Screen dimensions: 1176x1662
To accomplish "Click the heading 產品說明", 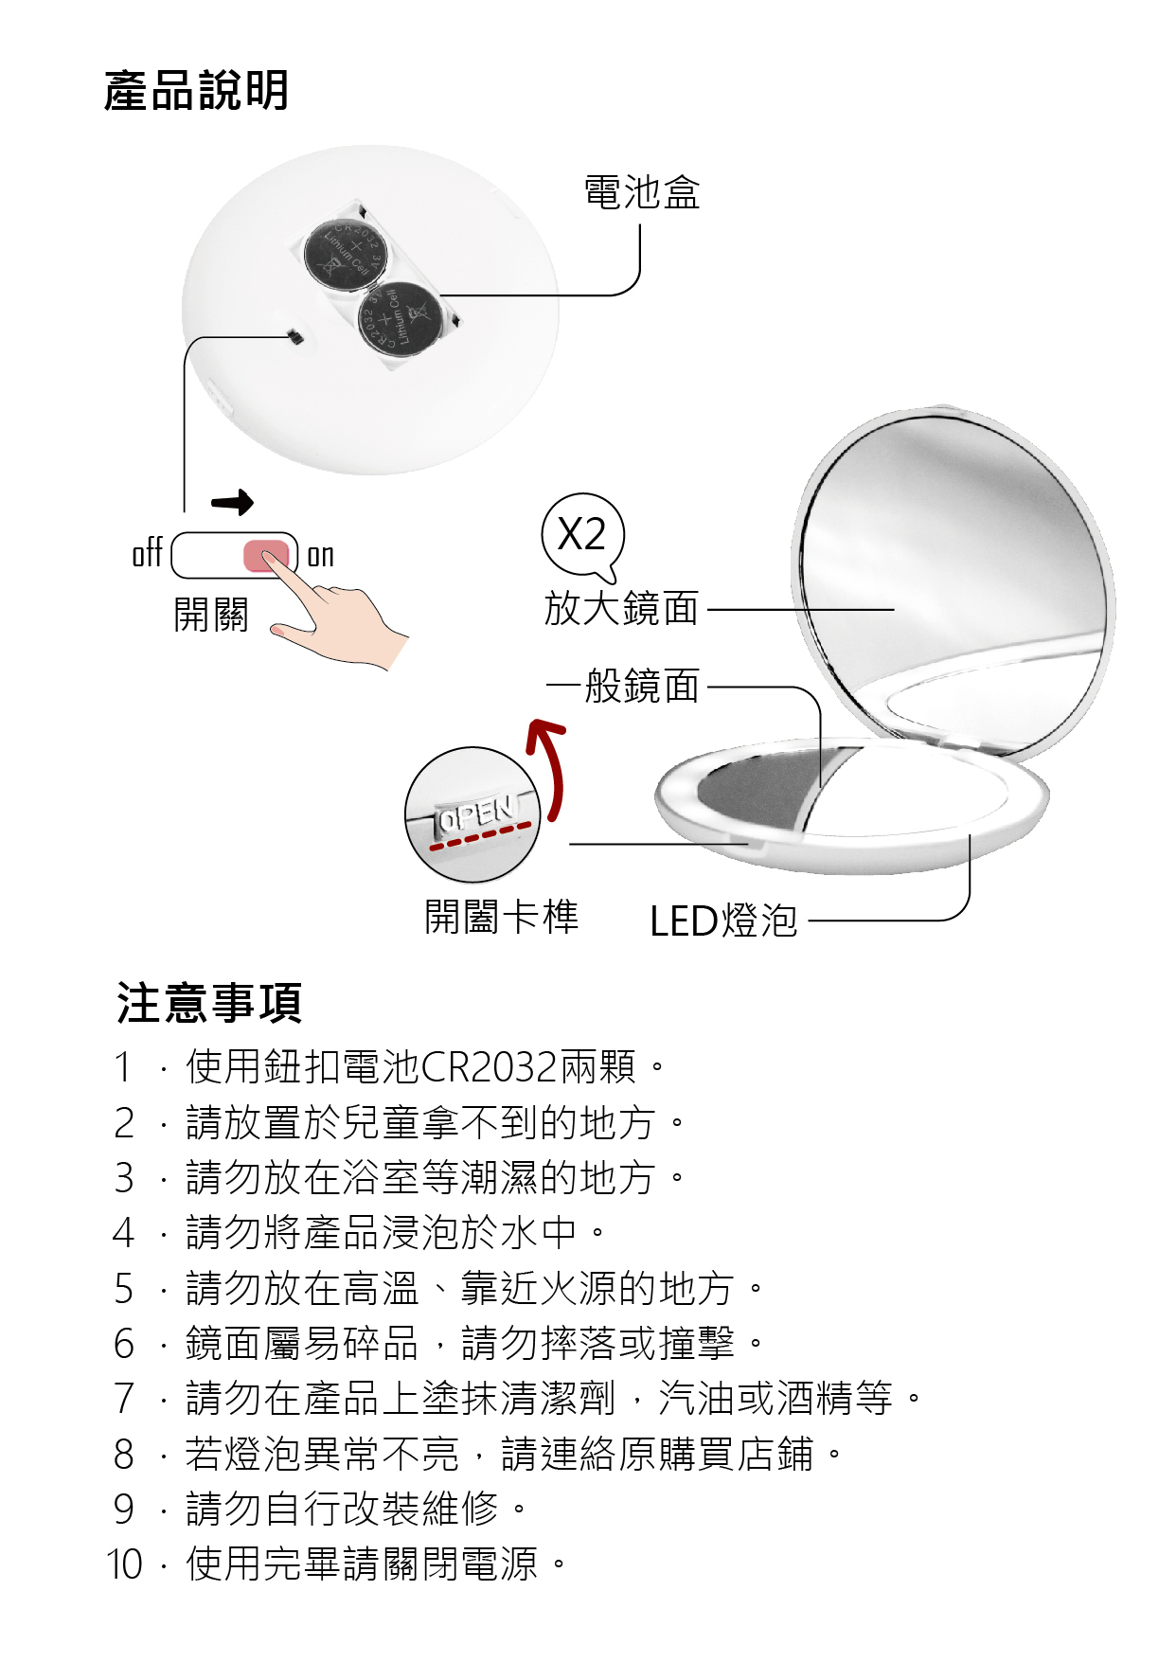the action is pyautogui.click(x=196, y=91).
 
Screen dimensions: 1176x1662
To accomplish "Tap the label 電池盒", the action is pyautogui.click(x=642, y=192).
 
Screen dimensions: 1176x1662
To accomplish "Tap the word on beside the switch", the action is pyautogui.click(x=321, y=555).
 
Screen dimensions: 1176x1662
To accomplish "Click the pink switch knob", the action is pyautogui.click(x=266, y=556).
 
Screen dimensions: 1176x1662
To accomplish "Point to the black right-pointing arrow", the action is pyautogui.click(x=233, y=502).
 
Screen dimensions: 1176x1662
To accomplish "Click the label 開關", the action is pyautogui.click(x=211, y=615).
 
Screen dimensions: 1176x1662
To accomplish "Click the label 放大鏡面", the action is pyautogui.click(x=622, y=608).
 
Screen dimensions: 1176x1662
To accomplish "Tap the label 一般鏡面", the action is pyautogui.click(x=623, y=686).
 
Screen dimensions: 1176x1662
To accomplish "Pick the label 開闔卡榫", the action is pyautogui.click(x=502, y=917).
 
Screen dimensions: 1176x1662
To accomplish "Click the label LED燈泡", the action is pyautogui.click(x=723, y=920).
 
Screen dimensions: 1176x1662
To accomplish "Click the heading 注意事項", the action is pyautogui.click(x=209, y=1003).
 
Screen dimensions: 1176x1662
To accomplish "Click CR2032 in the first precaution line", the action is pyautogui.click(x=489, y=1067).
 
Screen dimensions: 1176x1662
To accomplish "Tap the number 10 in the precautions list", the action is pyautogui.click(x=124, y=1564).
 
